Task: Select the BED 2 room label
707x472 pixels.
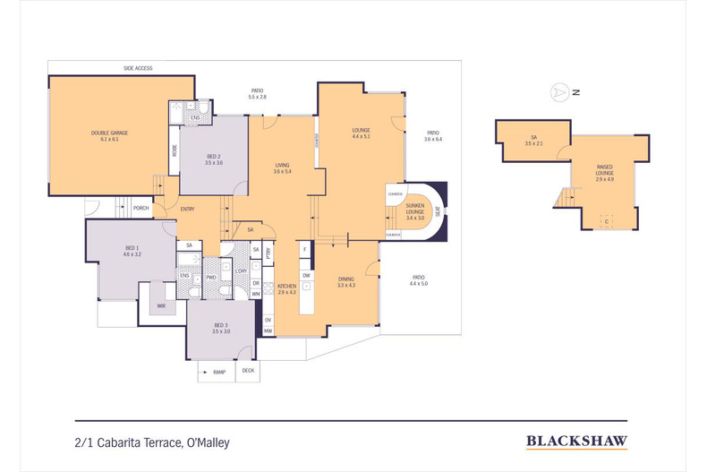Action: click(x=213, y=159)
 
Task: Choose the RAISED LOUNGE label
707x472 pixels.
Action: click(x=605, y=170)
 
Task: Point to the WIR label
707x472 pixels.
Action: click(x=161, y=305)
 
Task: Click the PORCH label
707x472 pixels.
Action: click(x=141, y=208)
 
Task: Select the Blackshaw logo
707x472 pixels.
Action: click(x=575, y=440)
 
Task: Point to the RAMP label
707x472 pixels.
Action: click(x=217, y=371)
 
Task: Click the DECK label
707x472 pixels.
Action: click(x=248, y=370)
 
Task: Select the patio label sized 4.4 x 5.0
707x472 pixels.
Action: click(x=419, y=280)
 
